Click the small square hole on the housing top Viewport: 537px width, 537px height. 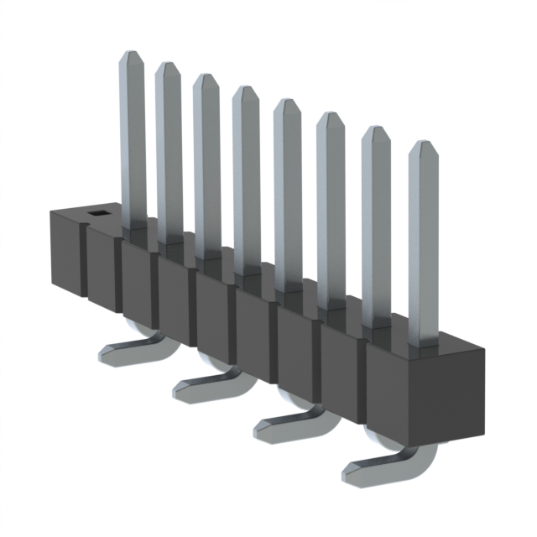[98, 214]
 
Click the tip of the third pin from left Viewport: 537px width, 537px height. [206, 79]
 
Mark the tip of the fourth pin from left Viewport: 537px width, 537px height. [246, 91]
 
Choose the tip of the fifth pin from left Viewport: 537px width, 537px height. [287, 104]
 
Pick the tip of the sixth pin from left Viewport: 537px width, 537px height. [330, 117]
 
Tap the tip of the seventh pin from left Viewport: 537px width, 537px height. [375, 133]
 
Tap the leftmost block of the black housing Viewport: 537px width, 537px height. [65, 252]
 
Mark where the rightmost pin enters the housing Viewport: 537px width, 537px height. [424, 342]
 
